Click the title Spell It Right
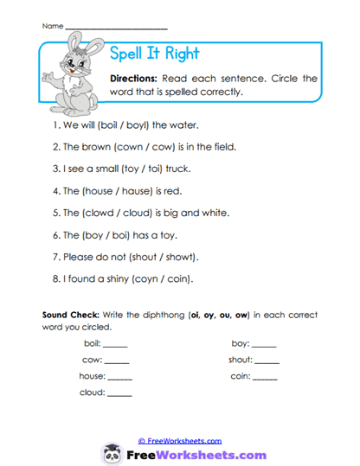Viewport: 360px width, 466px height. click(x=155, y=54)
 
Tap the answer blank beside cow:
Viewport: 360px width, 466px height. click(x=116, y=361)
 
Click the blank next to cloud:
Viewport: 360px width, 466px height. click(x=119, y=394)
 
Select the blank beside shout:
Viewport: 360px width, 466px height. click(x=267, y=361)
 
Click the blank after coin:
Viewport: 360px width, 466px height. click(x=265, y=378)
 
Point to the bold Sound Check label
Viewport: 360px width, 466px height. click(x=69, y=315)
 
